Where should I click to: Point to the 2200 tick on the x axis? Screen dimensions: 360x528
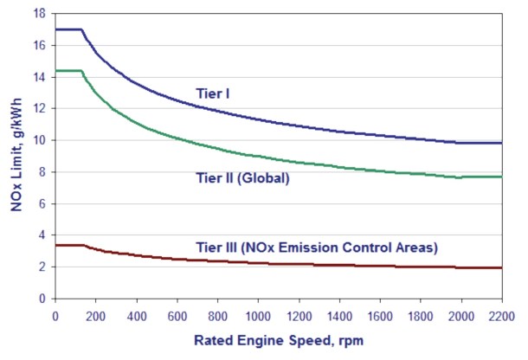pyautogui.click(x=501, y=314)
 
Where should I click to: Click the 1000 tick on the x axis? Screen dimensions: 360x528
pyautogui.click(x=258, y=314)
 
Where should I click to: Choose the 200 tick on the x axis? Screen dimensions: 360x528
pyautogui.click(x=95, y=314)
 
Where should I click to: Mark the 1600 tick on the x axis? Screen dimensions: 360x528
pyautogui.click(x=380, y=314)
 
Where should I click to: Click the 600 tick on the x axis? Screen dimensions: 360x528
pyautogui.click(x=177, y=314)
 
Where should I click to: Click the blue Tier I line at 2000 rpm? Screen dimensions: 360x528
pyautogui.click(x=461, y=143)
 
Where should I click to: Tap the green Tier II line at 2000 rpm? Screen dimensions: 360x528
pyautogui.click(x=461, y=177)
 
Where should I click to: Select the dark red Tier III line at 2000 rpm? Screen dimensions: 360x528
pyautogui.click(x=461, y=267)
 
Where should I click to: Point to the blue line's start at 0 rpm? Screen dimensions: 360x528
pyautogui.click(x=55, y=29)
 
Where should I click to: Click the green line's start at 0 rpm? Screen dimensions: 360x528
pyautogui.click(x=55, y=71)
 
